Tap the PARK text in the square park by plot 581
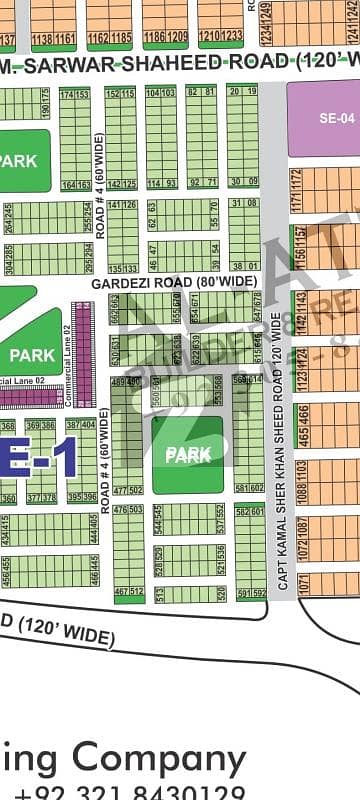pyautogui.click(x=188, y=455)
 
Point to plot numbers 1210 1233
pyautogui.click(x=220, y=36)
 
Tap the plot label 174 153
pyautogui.click(x=74, y=93)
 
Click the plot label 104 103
pyautogui.click(x=160, y=92)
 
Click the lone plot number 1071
pyautogui.click(x=303, y=581)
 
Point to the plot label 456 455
pyautogui.click(x=9, y=572)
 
